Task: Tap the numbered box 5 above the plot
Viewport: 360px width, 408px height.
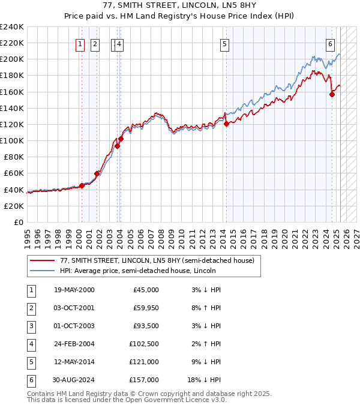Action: point(224,43)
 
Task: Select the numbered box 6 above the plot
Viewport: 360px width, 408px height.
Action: point(330,43)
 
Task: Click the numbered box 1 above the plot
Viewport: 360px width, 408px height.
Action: point(80,43)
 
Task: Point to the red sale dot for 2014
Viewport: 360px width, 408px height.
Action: point(226,124)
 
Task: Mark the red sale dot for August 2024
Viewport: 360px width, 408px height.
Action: point(332,94)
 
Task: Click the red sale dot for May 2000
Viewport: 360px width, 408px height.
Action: point(82,185)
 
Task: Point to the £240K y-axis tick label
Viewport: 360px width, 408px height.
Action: point(12,27)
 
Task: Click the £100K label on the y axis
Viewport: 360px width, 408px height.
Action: point(12,140)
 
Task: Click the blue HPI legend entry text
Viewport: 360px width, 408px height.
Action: point(137,271)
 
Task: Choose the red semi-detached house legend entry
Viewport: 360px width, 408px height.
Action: point(157,260)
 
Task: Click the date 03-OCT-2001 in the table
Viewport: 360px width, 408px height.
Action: point(74,308)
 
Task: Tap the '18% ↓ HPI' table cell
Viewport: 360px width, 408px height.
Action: point(205,380)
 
